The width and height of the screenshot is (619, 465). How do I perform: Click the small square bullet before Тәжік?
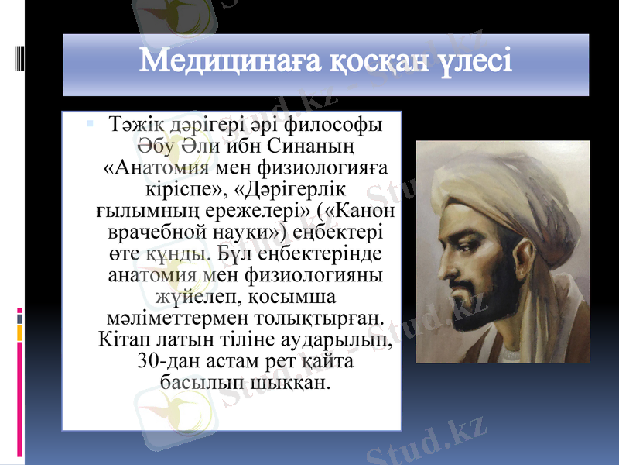(x=91, y=122)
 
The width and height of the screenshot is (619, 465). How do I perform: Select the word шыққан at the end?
(x=292, y=383)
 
